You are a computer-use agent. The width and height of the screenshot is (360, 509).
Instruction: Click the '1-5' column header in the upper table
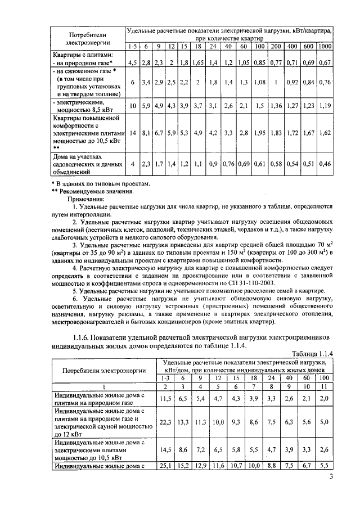(132, 46)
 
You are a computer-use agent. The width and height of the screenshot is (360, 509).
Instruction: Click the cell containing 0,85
(259, 63)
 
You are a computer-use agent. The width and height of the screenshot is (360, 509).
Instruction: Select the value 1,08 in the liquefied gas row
(259, 82)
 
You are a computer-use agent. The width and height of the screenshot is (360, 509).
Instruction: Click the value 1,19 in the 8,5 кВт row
(325, 105)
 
